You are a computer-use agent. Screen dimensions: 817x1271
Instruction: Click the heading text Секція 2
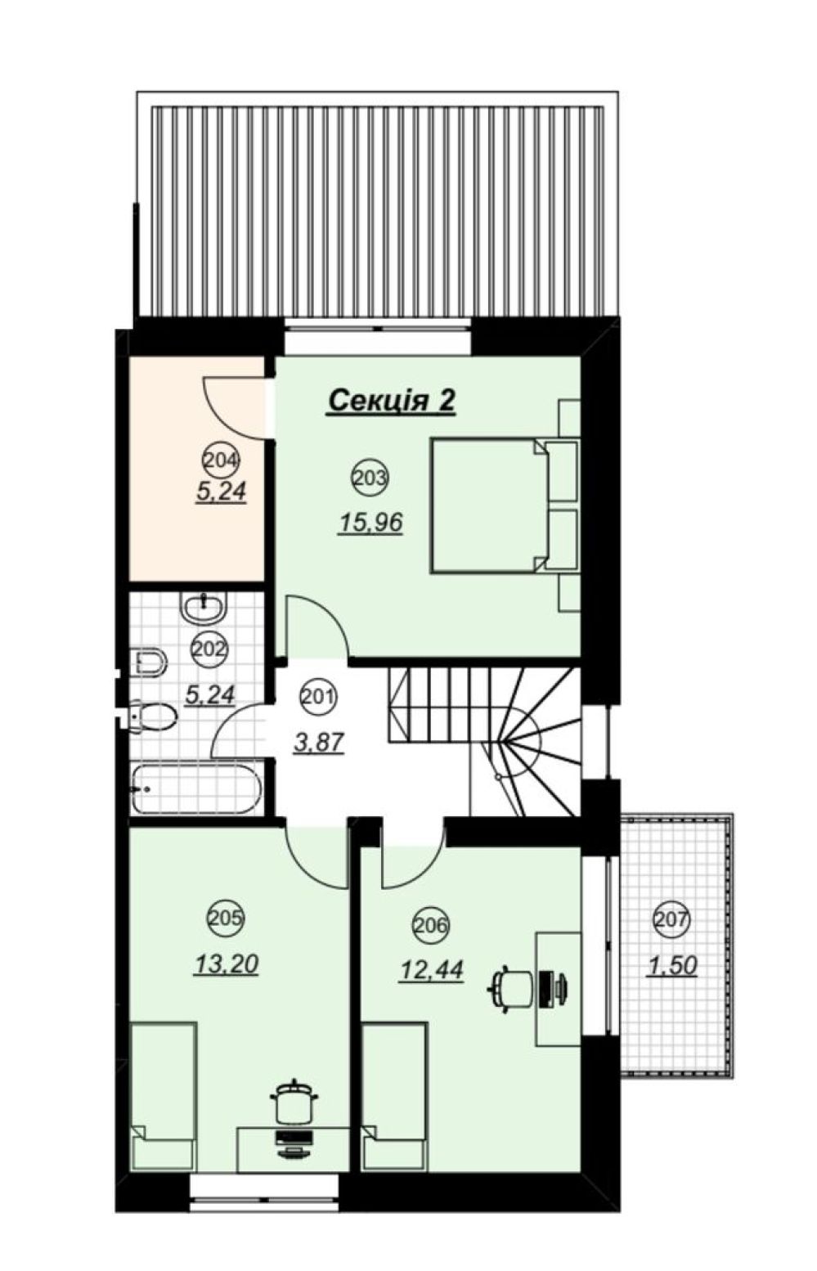coord(392,401)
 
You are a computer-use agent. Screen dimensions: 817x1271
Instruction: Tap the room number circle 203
coord(370,477)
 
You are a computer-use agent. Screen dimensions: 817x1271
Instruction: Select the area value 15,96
coord(370,522)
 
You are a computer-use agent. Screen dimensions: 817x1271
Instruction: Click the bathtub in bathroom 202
coord(197,788)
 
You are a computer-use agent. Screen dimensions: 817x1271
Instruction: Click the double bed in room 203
coord(505,505)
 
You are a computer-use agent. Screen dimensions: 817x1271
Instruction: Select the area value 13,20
coord(227,963)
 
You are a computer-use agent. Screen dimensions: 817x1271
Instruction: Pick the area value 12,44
coord(431,970)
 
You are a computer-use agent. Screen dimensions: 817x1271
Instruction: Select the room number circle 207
coord(671,918)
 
